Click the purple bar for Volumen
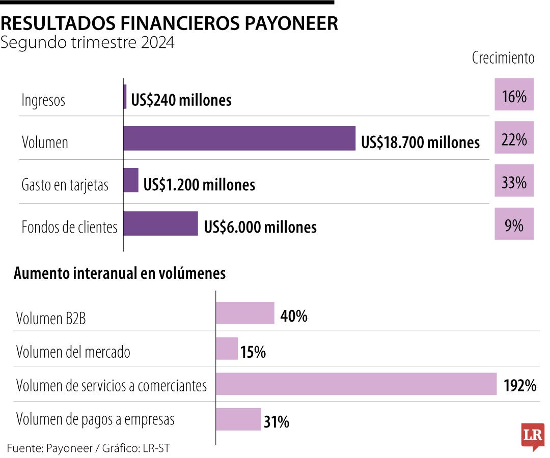(x=239, y=138)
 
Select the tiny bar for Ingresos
(x=125, y=97)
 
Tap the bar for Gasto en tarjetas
(x=131, y=180)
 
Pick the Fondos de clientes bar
(x=161, y=223)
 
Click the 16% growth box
(x=514, y=95)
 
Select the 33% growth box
(x=514, y=181)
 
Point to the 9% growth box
(x=514, y=224)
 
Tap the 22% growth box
(x=514, y=138)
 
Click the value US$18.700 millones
(x=420, y=142)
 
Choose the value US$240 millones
(x=181, y=100)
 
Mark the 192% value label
(x=520, y=386)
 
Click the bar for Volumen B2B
(x=245, y=313)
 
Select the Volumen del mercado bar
(x=227, y=349)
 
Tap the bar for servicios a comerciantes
(x=356, y=384)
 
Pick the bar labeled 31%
(x=238, y=419)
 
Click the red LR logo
(x=533, y=436)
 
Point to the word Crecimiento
(x=503, y=58)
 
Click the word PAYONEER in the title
(x=287, y=24)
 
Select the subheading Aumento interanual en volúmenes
(x=120, y=273)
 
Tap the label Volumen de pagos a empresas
(x=95, y=420)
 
